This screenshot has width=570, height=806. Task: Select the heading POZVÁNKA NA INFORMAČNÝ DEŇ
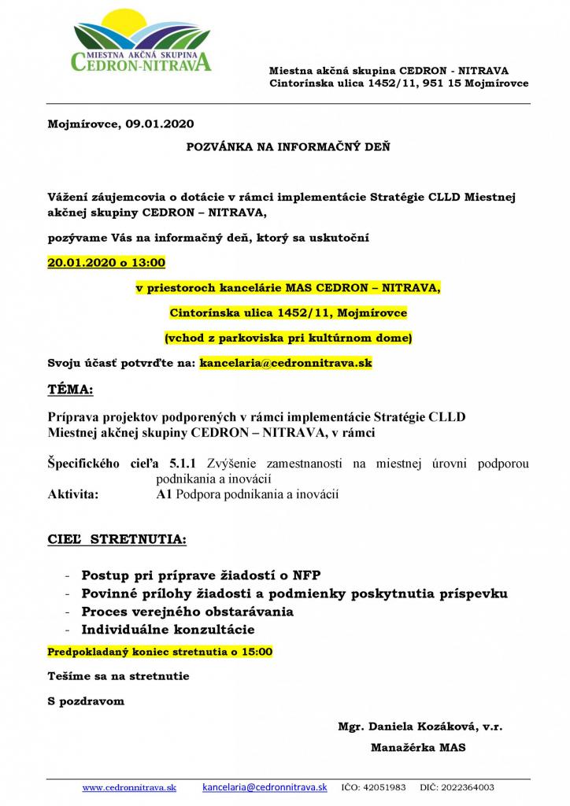coord(287,146)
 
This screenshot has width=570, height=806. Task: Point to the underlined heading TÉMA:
coord(70,390)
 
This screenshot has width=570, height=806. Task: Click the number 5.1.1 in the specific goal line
coord(182,464)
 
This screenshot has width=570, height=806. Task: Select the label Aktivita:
coord(73,494)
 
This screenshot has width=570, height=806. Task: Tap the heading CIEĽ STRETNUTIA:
coord(117,541)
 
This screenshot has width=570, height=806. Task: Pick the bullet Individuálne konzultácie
coord(168,630)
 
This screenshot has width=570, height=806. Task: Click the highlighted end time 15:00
coord(258,652)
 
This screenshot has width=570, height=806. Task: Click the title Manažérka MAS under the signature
coord(417,748)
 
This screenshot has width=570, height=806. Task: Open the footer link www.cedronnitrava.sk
coord(129,787)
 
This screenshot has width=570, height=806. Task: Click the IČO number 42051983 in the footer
coord(386,787)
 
